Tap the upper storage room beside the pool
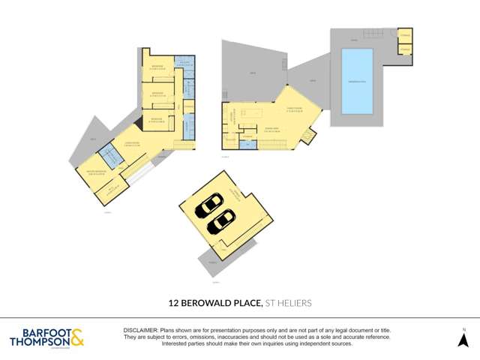click(x=404, y=36)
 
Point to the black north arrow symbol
click(x=463, y=340)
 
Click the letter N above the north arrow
click(x=463, y=329)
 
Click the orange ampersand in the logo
click(x=77, y=337)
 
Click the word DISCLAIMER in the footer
click(x=140, y=330)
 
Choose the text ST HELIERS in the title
click(x=288, y=303)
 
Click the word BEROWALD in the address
click(x=209, y=303)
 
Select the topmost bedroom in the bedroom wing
click(x=160, y=67)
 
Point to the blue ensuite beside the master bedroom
click(x=110, y=157)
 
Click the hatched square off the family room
click(x=307, y=137)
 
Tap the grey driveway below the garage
click(x=214, y=259)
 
